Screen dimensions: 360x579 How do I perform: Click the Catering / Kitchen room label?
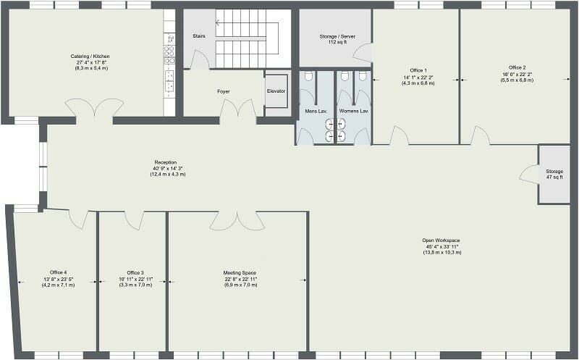[90, 56]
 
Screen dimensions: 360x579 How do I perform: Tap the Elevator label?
[276, 91]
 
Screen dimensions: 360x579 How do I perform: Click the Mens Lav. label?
[316, 111]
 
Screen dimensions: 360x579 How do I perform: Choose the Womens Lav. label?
[354, 111]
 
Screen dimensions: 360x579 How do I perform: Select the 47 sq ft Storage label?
[554, 172]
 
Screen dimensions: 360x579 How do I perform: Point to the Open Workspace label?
[441, 240]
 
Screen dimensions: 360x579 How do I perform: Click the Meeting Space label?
[237, 273]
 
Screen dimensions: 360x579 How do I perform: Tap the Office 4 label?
[58, 273]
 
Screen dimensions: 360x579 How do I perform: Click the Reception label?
[166, 162]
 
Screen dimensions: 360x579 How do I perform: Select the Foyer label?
[224, 91]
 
